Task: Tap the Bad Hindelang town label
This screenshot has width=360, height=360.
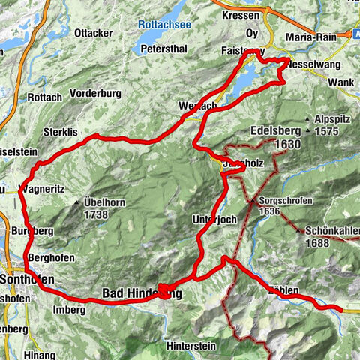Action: (x=142, y=293)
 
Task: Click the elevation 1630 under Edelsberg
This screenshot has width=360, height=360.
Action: (x=287, y=144)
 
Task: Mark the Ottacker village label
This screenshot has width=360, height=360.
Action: (x=94, y=33)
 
